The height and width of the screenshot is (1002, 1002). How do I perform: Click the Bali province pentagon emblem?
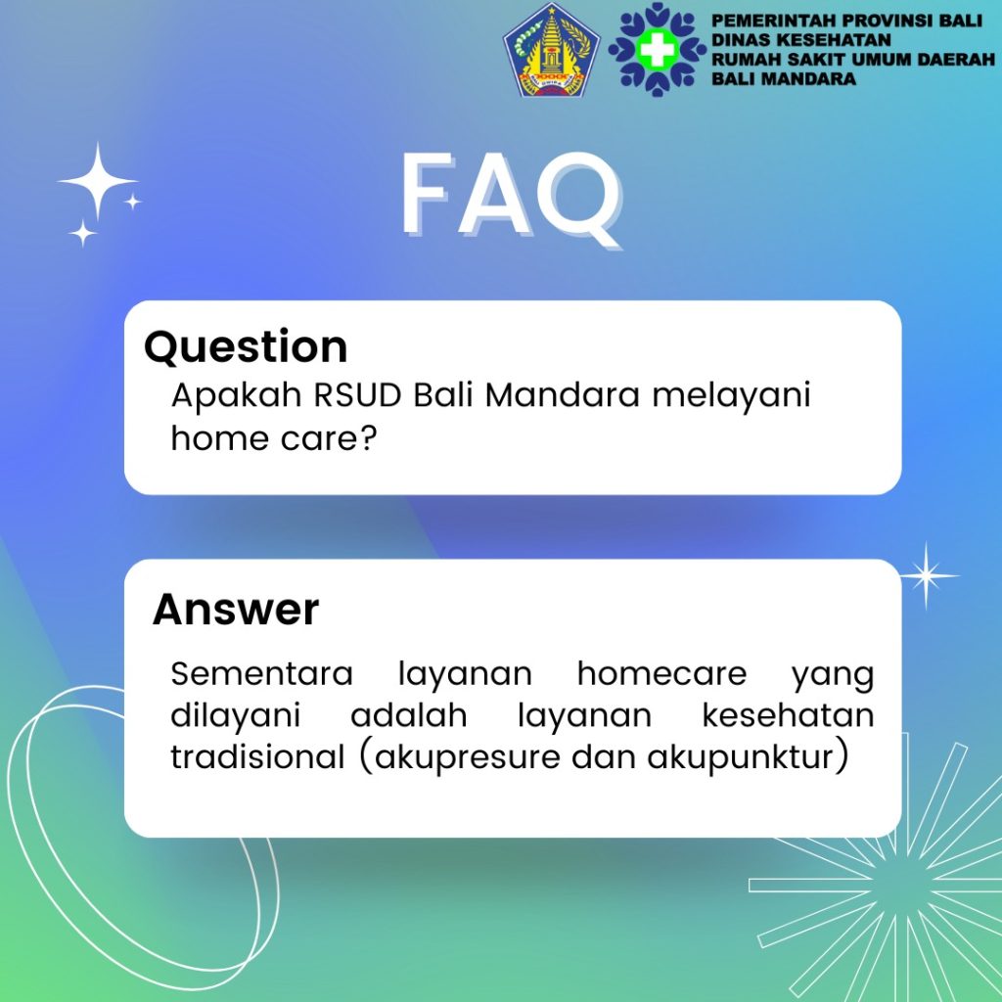(x=552, y=51)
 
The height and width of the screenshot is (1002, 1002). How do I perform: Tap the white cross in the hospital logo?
(x=658, y=50)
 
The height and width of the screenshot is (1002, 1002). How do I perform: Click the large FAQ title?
(x=511, y=198)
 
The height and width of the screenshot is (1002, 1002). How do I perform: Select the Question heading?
(x=246, y=347)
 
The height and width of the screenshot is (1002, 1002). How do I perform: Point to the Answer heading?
(x=236, y=609)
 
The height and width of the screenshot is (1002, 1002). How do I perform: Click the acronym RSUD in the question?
(x=357, y=395)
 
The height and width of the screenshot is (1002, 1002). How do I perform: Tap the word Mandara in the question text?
(x=563, y=395)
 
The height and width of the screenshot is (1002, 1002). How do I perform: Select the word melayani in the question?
(x=731, y=396)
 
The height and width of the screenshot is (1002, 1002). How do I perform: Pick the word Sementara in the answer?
(x=262, y=673)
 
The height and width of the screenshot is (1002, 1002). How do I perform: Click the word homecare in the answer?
(x=662, y=673)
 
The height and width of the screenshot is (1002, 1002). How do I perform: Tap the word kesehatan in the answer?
(x=788, y=715)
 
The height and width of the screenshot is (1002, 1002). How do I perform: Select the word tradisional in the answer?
(x=257, y=756)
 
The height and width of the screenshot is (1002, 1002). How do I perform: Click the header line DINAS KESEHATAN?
(x=801, y=40)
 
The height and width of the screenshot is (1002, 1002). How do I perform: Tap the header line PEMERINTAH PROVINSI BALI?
(x=846, y=22)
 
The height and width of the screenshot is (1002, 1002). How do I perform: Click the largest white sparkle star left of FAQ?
(x=97, y=182)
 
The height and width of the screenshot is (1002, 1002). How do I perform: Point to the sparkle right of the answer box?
(x=926, y=575)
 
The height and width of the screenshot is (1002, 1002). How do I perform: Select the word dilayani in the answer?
(x=236, y=716)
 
